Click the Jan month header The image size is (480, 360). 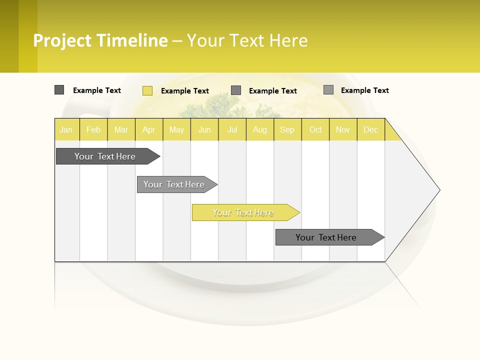[x=66, y=129]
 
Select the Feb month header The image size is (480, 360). [x=93, y=129]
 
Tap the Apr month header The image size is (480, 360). [x=149, y=129]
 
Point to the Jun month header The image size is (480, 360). [x=204, y=129]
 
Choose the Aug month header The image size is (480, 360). [x=260, y=129]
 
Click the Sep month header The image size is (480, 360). [x=287, y=129]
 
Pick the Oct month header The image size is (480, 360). [x=315, y=129]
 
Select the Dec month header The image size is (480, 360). [x=371, y=129]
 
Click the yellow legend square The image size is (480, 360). [x=147, y=90]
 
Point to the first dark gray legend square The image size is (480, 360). [x=59, y=90]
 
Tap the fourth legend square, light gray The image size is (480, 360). [x=328, y=90]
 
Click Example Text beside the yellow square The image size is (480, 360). [x=185, y=91]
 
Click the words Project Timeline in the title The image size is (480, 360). [x=100, y=40]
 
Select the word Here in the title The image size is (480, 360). [x=288, y=40]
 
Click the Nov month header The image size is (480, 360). [x=343, y=129]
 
